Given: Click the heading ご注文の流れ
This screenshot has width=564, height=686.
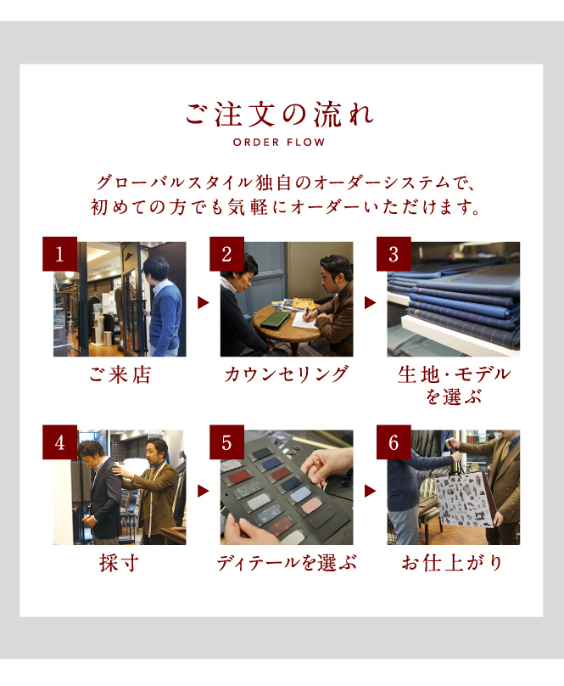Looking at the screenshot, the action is click(280, 114).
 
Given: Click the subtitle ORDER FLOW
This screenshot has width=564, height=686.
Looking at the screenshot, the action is click(279, 142).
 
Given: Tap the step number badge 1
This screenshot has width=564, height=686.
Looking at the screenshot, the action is click(60, 254).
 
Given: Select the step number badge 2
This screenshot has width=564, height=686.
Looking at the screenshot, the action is click(226, 254).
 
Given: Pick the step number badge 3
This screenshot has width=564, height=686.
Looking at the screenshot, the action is click(394, 254).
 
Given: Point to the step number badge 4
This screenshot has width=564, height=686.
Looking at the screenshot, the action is click(60, 442).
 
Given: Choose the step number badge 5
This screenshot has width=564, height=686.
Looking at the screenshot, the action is click(226, 442).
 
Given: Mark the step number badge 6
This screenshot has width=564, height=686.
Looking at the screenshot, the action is click(394, 442).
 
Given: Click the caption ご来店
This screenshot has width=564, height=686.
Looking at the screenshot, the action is click(120, 375).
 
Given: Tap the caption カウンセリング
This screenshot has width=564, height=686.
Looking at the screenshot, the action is click(287, 375).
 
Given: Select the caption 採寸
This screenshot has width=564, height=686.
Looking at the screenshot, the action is click(120, 563).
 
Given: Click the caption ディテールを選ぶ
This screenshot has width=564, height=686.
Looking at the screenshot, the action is click(287, 563).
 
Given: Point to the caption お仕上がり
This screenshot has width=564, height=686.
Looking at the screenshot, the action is click(453, 563).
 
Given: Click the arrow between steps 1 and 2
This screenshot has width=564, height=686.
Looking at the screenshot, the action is click(203, 302).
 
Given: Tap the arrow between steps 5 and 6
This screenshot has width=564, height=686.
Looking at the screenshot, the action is click(370, 491).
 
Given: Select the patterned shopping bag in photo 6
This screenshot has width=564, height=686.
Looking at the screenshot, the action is click(462, 498).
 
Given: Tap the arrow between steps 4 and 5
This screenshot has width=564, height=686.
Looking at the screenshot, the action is click(203, 491).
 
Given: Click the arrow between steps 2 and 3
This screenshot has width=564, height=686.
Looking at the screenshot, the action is click(370, 302).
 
